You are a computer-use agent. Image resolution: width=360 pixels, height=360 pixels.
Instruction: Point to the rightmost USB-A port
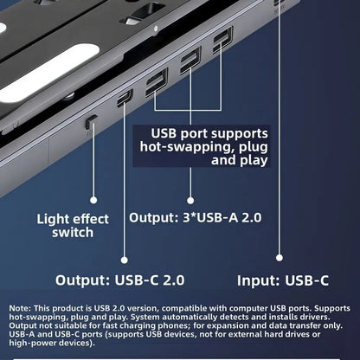222,39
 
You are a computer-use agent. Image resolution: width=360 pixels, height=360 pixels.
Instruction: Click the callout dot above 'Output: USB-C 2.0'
124,256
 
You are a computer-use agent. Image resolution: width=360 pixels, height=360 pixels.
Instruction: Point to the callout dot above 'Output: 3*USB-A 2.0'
190,198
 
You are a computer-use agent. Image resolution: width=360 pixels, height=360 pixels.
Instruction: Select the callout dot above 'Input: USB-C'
279,256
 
